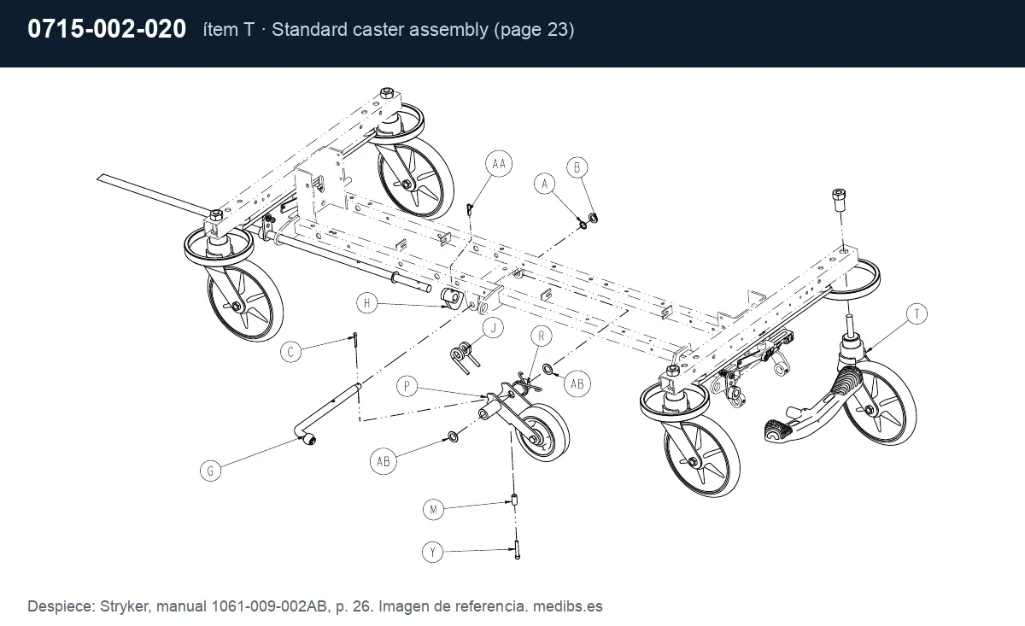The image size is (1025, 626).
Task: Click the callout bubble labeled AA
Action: pyautogui.click(x=499, y=163)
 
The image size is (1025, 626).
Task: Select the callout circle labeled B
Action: pyautogui.click(x=577, y=167)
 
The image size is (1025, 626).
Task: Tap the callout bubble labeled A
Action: pyautogui.click(x=545, y=184)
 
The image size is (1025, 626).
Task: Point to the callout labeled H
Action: pyautogui.click(x=367, y=303)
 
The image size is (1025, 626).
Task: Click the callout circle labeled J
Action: pyautogui.click(x=494, y=328)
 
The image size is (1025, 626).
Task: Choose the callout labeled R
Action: pyautogui.click(x=542, y=336)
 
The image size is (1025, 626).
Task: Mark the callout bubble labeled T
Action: pyautogui.click(x=917, y=314)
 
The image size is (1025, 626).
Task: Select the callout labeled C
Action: pyautogui.click(x=290, y=352)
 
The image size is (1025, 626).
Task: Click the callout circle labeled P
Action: pyautogui.click(x=407, y=386)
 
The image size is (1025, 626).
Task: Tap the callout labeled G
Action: pyautogui.click(x=210, y=471)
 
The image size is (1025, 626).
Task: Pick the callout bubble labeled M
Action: pyautogui.click(x=433, y=509)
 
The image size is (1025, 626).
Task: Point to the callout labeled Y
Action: pyautogui.click(x=432, y=552)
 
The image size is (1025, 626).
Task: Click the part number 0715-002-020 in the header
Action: pyautogui.click(x=107, y=29)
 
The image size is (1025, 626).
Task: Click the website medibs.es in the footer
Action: pyautogui.click(x=567, y=606)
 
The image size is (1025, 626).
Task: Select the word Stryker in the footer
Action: pyautogui.click(x=125, y=606)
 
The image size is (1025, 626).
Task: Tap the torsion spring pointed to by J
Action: pyautogui.click(x=465, y=357)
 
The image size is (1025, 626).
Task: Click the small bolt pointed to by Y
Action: pyautogui.click(x=517, y=549)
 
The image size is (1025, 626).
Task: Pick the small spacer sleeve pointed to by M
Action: pyautogui.click(x=514, y=499)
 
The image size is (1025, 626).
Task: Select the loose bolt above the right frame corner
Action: pyautogui.click(x=838, y=200)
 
